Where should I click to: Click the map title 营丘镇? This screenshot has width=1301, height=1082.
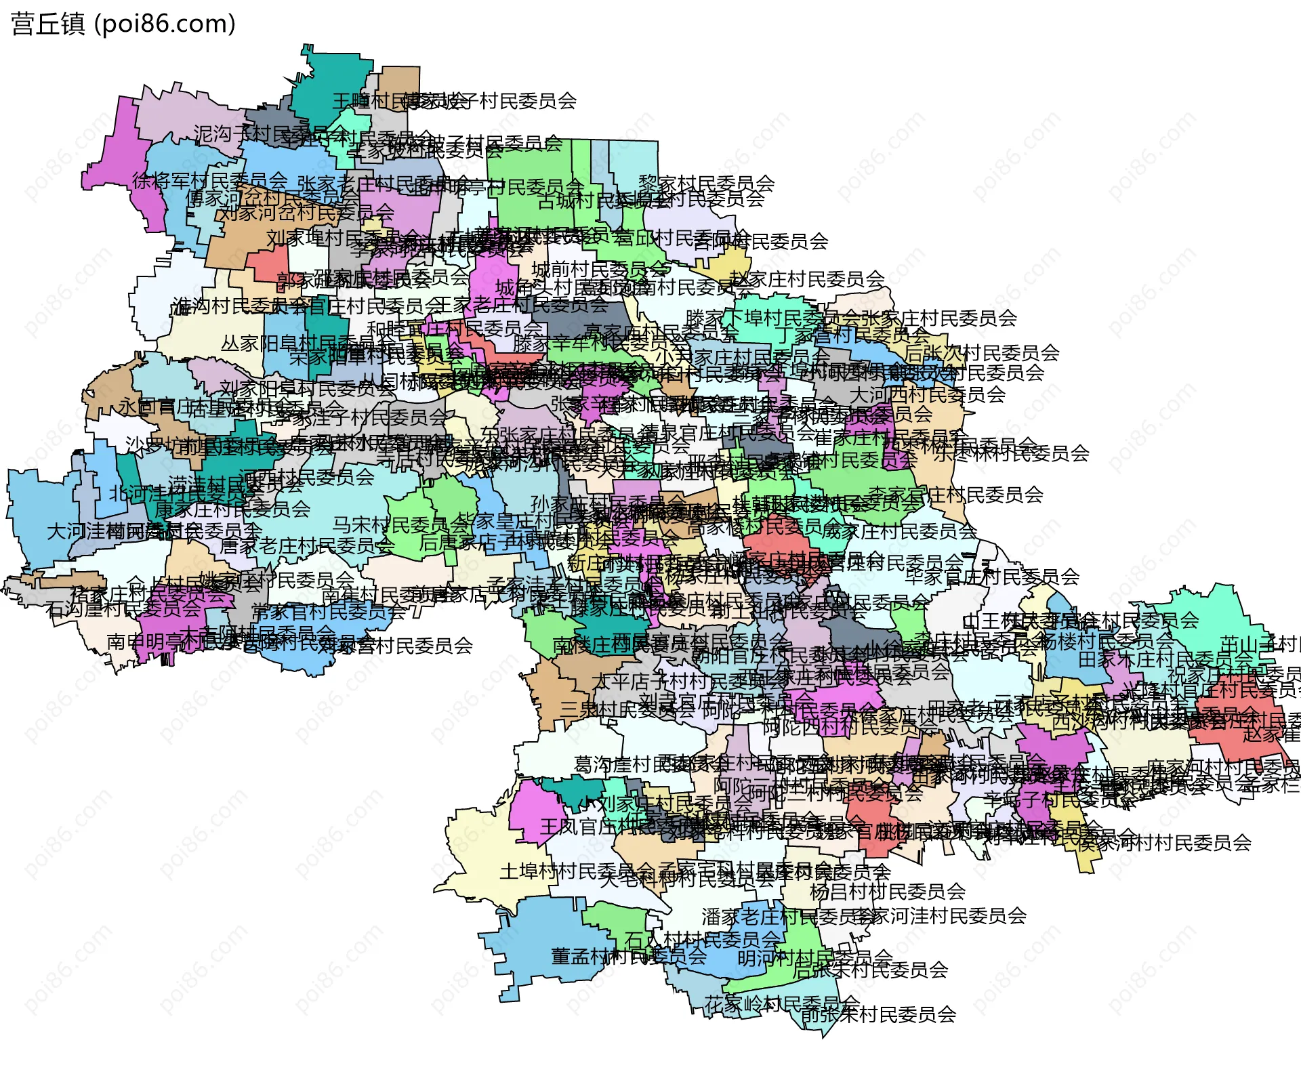(x=47, y=24)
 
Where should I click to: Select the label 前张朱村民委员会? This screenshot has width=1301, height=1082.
(x=878, y=1014)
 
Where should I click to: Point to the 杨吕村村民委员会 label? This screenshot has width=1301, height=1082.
(x=887, y=891)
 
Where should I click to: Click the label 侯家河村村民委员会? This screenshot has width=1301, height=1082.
(x=1163, y=843)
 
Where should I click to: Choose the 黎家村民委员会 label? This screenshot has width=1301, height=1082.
(x=706, y=184)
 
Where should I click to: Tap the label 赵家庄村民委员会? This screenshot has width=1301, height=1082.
(x=807, y=278)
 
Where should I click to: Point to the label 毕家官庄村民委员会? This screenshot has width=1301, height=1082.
(x=992, y=577)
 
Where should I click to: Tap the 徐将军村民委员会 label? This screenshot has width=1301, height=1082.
(x=210, y=181)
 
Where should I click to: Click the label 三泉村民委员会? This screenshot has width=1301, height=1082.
(x=627, y=709)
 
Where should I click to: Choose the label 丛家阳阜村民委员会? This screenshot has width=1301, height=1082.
(x=298, y=344)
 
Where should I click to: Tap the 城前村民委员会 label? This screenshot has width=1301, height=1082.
(x=600, y=270)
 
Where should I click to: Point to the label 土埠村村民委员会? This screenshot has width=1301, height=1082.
(x=577, y=871)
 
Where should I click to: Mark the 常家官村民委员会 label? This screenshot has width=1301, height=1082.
(x=329, y=612)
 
